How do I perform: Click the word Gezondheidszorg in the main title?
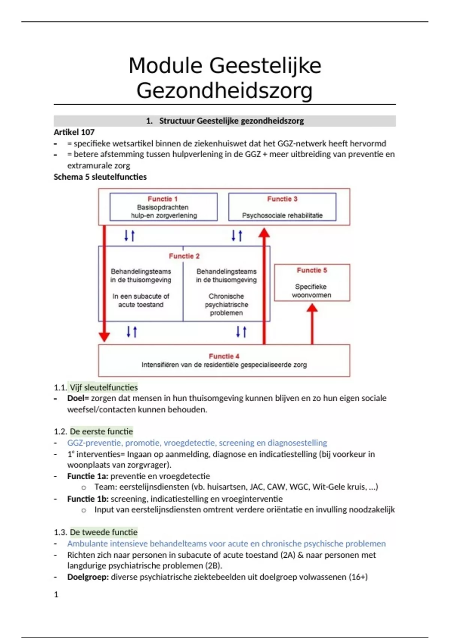(224, 91)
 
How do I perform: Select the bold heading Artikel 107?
(74, 132)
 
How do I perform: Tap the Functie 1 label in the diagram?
(162, 199)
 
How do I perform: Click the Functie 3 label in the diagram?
(282, 199)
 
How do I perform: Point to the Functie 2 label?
(184, 256)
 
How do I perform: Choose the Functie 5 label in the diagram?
(312, 270)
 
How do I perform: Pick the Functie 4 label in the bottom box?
(224, 356)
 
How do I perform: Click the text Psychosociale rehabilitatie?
(282, 215)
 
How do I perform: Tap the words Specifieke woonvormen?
(311, 291)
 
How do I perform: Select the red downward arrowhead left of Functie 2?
(104, 336)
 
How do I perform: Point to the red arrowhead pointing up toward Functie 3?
(264, 233)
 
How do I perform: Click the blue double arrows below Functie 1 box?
(129, 236)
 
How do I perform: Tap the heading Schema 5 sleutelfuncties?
(100, 177)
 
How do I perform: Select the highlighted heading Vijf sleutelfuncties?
(103, 387)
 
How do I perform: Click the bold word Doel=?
(78, 398)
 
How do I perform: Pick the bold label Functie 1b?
(88, 499)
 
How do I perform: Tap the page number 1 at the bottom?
(56, 594)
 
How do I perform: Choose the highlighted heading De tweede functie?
(103, 532)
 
